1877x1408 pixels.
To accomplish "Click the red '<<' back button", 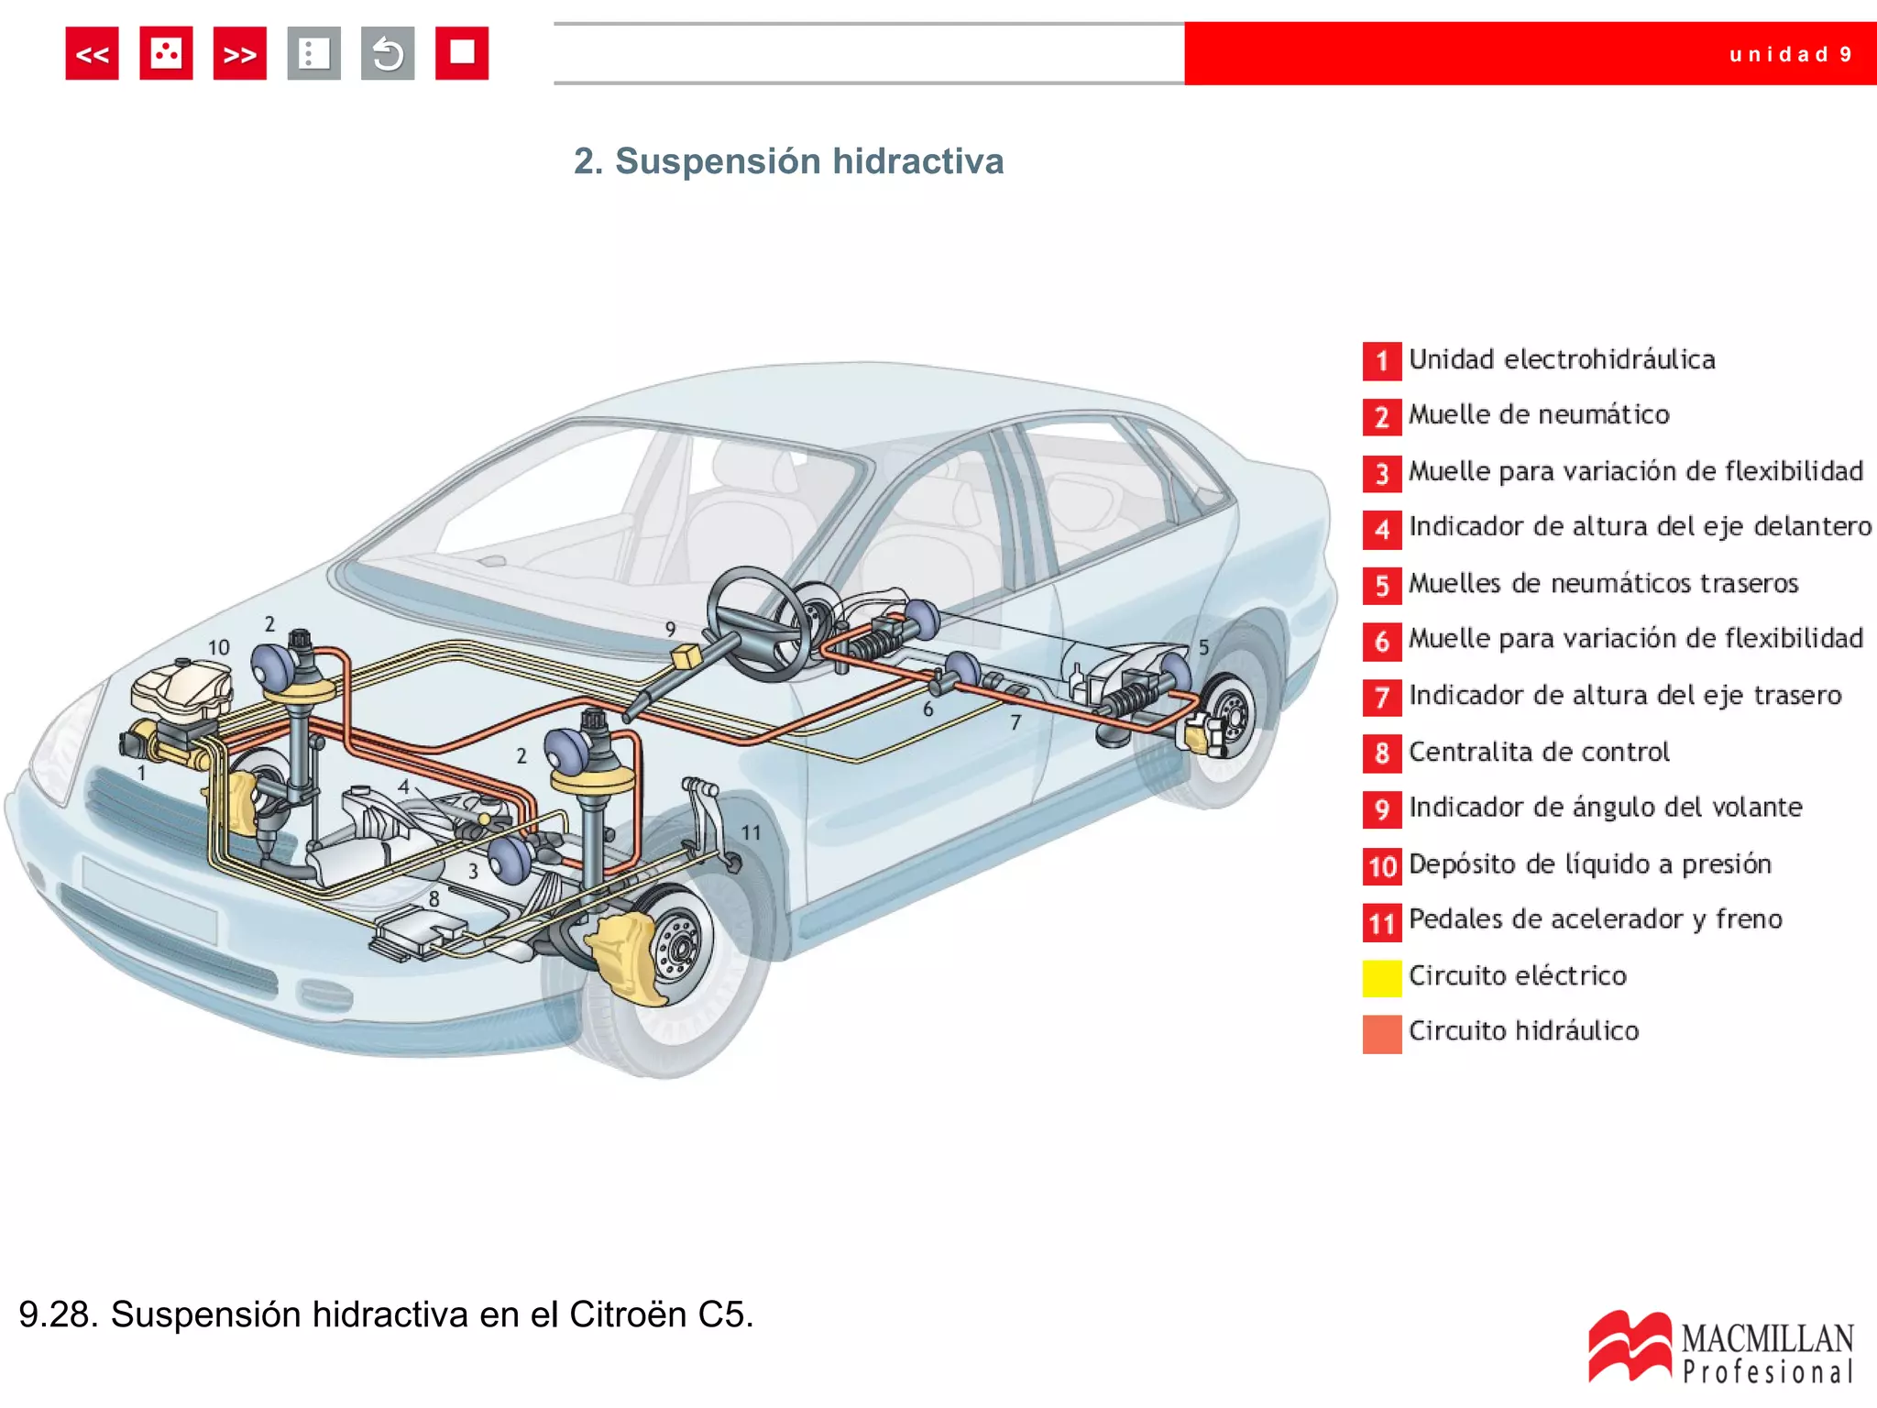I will coord(92,54).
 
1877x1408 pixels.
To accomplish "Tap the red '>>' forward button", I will coord(239,54).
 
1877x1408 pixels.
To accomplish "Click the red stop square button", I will coord(461,53).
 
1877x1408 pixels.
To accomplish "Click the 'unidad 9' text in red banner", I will coord(1790,54).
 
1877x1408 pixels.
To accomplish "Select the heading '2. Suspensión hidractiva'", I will coord(788,161).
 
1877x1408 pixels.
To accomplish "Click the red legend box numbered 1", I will coord(1381,360).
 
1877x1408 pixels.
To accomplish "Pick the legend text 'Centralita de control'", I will coord(1539,752).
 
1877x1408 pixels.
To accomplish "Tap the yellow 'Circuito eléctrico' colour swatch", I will coord(1381,977).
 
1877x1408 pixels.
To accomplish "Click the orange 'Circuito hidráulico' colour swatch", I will coord(1381,1034).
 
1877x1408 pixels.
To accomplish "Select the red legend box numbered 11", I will coord(1381,921).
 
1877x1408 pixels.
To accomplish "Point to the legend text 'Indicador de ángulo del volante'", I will coord(1605,808).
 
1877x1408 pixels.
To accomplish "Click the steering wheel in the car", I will coord(758,623).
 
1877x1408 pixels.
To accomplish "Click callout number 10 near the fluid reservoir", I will coord(218,647).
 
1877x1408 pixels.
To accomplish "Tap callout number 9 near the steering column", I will coord(671,629).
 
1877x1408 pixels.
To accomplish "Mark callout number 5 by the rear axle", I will coord(1203,647).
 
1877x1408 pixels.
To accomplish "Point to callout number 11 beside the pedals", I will coord(751,832).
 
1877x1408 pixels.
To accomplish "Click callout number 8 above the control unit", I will coord(434,899).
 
